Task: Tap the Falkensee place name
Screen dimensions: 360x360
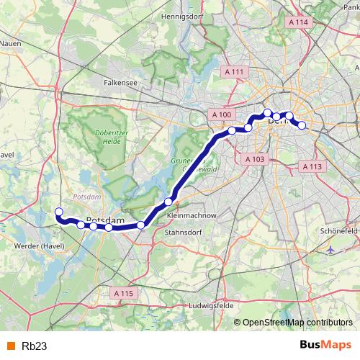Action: click(120, 82)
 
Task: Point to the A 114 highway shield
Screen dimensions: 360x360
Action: click(298, 22)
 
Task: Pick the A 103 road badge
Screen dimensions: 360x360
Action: click(256, 159)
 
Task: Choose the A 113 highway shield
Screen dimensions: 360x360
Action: click(311, 166)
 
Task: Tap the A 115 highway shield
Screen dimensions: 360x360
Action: click(125, 293)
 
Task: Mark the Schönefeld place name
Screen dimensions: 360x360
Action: click(338, 230)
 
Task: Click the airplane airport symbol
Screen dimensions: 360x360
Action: click(331, 249)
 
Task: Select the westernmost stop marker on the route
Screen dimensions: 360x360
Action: click(59, 212)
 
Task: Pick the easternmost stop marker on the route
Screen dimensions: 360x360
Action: click(302, 125)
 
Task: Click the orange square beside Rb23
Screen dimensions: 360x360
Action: click(10, 346)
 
